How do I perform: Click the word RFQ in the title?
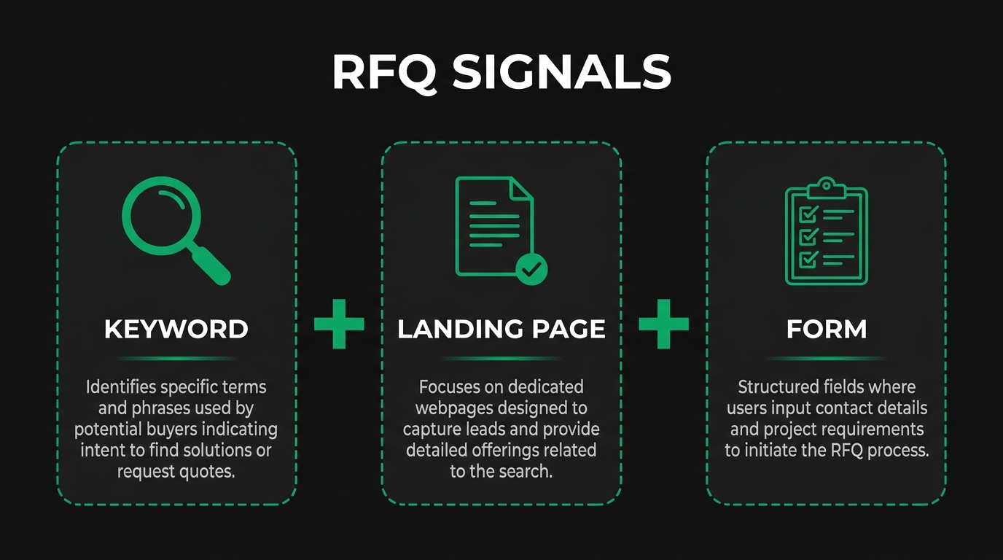[383, 72]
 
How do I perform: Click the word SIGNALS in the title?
[561, 72]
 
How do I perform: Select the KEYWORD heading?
[176, 330]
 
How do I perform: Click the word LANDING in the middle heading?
[452, 330]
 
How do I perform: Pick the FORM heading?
[827, 330]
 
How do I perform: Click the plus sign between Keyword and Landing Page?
[339, 322]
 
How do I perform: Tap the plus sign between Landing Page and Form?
[663, 322]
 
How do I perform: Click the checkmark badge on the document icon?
[531, 270]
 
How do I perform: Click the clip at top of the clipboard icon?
[825, 185]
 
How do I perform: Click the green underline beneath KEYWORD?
[176, 358]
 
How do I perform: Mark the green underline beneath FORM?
[827, 358]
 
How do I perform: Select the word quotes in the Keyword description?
[207, 472]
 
